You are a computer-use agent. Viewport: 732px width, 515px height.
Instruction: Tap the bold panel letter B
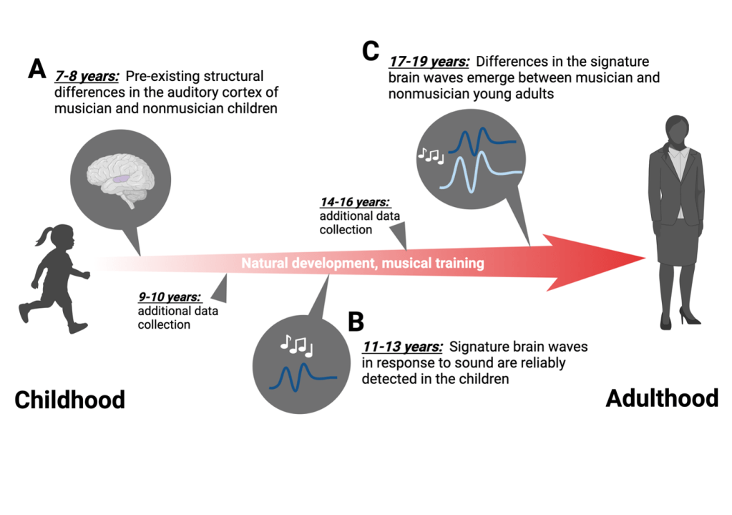356,322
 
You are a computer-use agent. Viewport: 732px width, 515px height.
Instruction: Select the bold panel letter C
370,51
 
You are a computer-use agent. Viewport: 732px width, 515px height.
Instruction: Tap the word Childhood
69,399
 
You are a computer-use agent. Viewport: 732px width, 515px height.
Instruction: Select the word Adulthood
662,398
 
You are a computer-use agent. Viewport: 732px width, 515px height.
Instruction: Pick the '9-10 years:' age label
169,297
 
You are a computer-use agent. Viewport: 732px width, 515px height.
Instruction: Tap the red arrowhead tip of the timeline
641,259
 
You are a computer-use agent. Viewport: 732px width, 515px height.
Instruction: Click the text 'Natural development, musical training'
362,264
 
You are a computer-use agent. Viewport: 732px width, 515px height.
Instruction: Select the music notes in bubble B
296,346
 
